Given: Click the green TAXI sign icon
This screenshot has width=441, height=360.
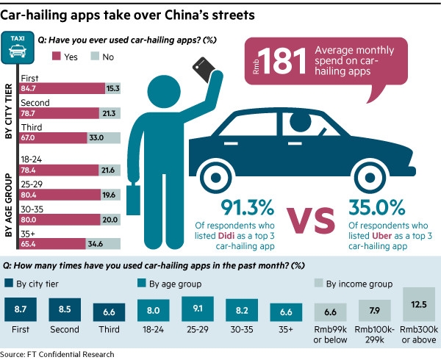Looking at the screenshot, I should click(x=18, y=45).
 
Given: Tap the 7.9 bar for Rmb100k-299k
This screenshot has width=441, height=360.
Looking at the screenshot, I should click(x=375, y=310).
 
